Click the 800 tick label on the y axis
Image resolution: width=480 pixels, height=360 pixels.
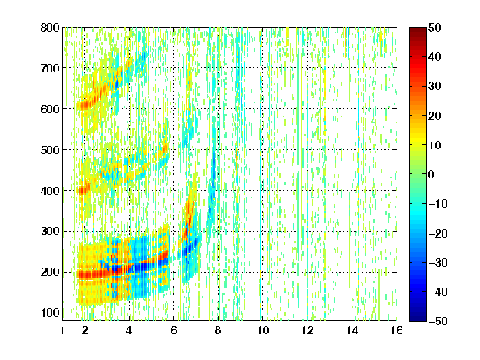(50, 27)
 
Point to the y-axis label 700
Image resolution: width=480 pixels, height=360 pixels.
(50, 68)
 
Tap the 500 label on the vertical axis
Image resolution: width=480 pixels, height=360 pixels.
(50, 150)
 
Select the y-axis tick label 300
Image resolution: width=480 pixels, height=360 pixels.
(50, 232)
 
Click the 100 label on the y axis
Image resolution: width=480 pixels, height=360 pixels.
(50, 312)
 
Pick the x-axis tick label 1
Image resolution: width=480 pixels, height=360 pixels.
(62, 330)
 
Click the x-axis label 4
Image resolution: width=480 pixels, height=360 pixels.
(129, 330)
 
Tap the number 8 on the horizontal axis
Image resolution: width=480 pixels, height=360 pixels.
(218, 330)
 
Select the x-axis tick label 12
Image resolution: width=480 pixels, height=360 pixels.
(307, 330)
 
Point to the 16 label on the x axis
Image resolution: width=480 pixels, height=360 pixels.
(397, 330)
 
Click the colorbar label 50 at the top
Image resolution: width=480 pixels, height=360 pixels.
(434, 27)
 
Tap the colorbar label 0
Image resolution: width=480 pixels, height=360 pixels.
(432, 174)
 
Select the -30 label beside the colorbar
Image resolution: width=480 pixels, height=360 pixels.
(437, 262)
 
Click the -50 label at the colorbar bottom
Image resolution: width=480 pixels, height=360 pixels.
(437, 321)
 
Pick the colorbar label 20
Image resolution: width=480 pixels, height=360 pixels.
(434, 116)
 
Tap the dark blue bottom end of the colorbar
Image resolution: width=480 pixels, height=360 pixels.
(417, 318)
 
